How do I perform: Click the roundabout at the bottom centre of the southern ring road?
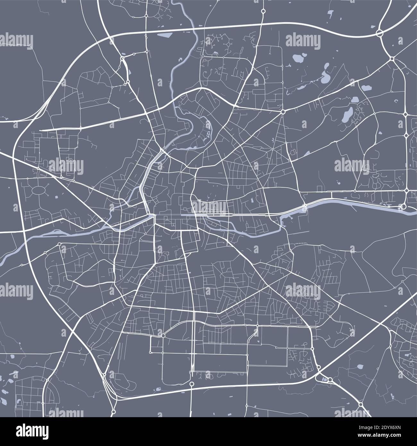[191, 384]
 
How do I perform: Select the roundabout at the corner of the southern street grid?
[163, 335]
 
